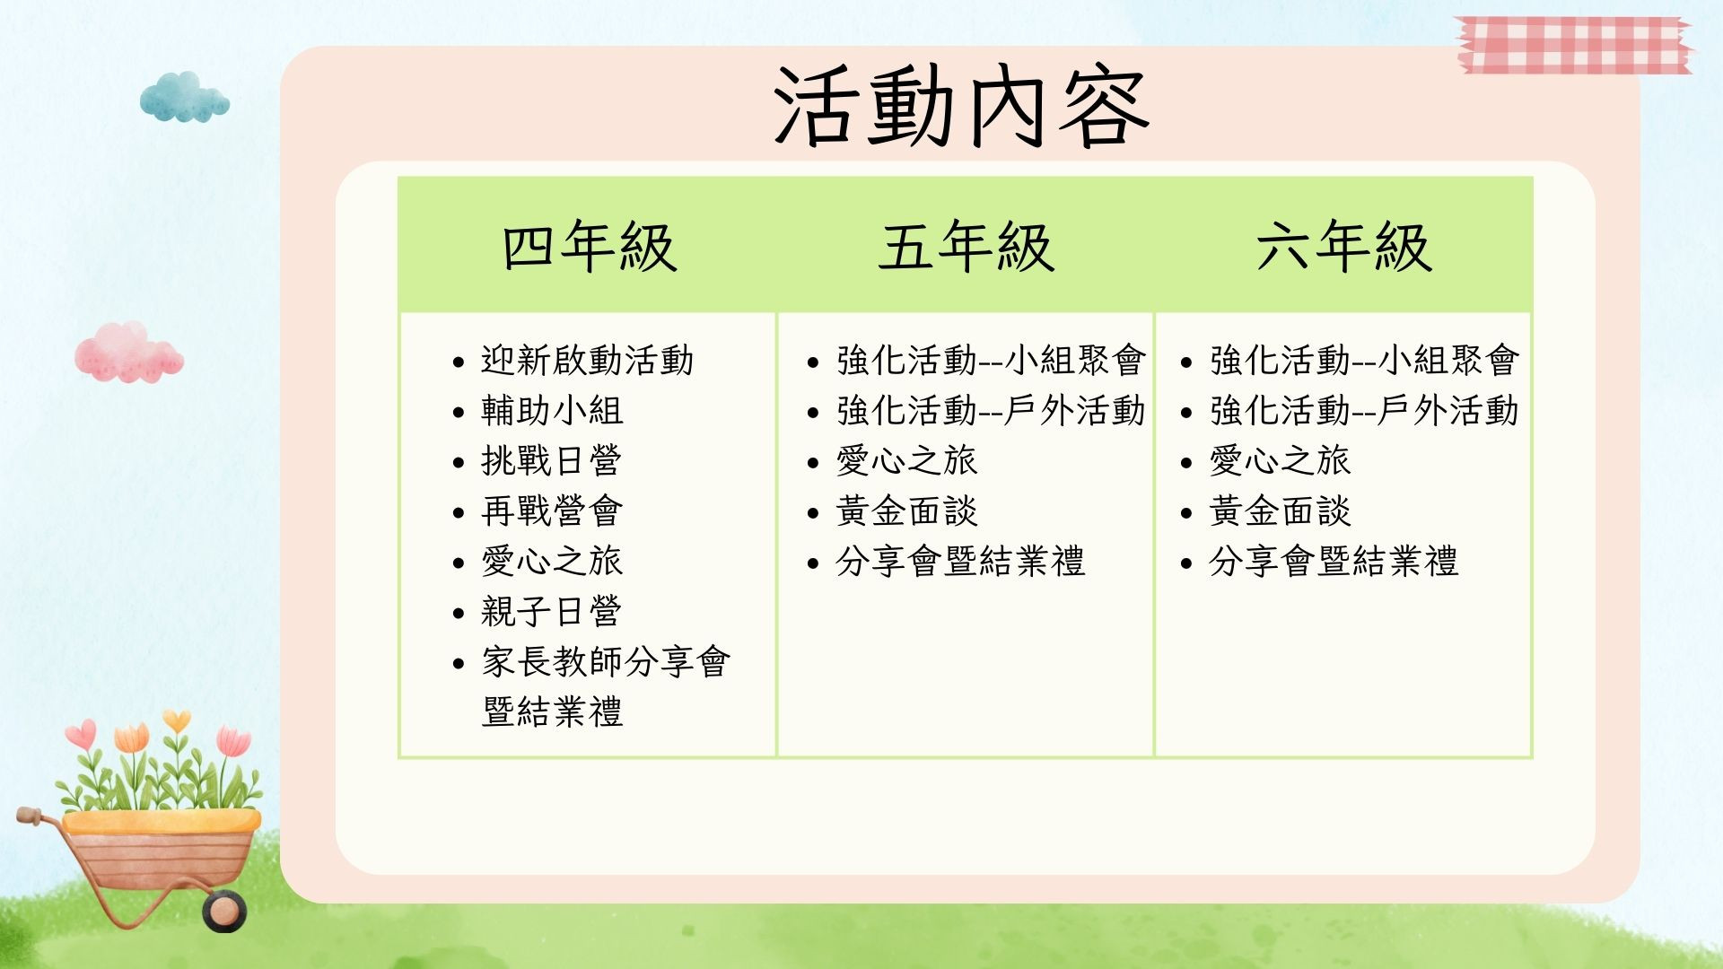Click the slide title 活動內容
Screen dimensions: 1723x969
coord(962,107)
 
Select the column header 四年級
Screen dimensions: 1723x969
coord(589,247)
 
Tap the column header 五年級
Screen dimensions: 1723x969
coord(966,247)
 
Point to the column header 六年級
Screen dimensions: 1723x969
coord(1343,247)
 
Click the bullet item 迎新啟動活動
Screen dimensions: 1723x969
coord(587,361)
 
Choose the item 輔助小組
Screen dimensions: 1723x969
coord(552,411)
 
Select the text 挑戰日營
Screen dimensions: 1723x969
coord(552,461)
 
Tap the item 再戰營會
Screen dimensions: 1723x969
coord(552,511)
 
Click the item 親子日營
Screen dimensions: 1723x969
coord(552,612)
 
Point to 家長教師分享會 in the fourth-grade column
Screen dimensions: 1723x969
coord(606,662)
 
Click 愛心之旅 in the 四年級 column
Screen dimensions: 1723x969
coord(552,562)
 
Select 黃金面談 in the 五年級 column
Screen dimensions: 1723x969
coord(906,511)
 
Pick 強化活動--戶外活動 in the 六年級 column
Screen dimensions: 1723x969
coord(1364,411)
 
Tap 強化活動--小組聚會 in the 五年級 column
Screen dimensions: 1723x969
coord(991,361)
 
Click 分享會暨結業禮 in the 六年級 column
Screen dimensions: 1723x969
coord(1334,562)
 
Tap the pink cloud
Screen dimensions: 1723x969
coord(129,353)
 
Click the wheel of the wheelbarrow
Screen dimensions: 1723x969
coord(223,910)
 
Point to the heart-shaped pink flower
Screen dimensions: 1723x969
coord(81,735)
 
